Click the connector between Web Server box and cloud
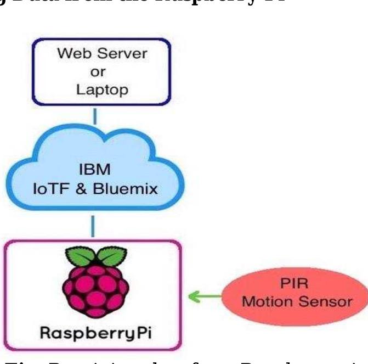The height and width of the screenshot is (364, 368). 94,116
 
